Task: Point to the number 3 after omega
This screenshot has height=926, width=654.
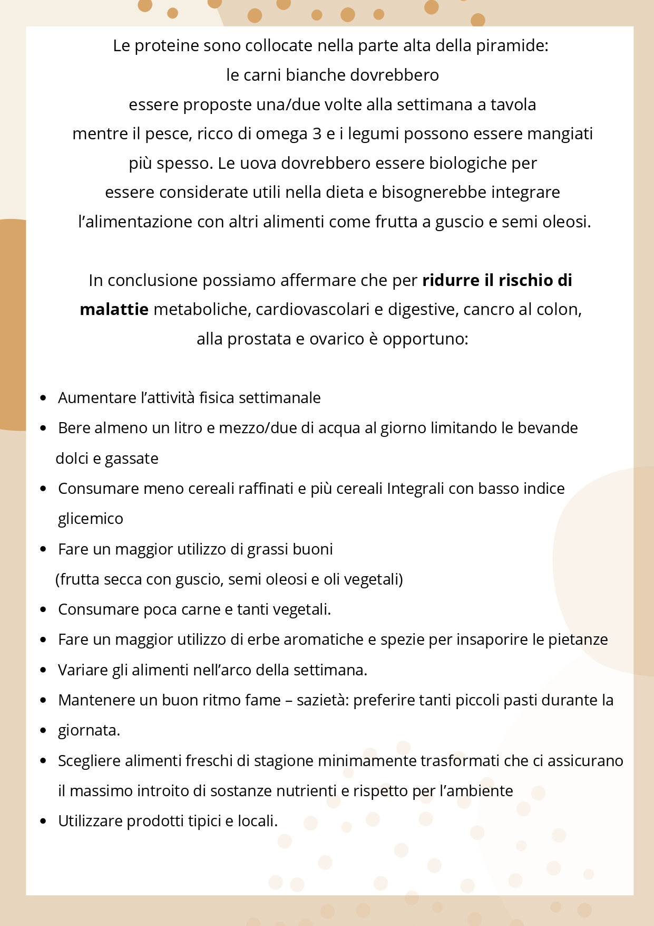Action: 317,133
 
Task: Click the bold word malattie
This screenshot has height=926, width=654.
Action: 114,309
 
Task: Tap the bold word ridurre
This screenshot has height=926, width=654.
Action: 451,280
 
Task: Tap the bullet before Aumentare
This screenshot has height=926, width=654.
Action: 44,398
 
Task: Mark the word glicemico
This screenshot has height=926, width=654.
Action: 91,519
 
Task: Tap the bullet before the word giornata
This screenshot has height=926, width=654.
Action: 44,731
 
